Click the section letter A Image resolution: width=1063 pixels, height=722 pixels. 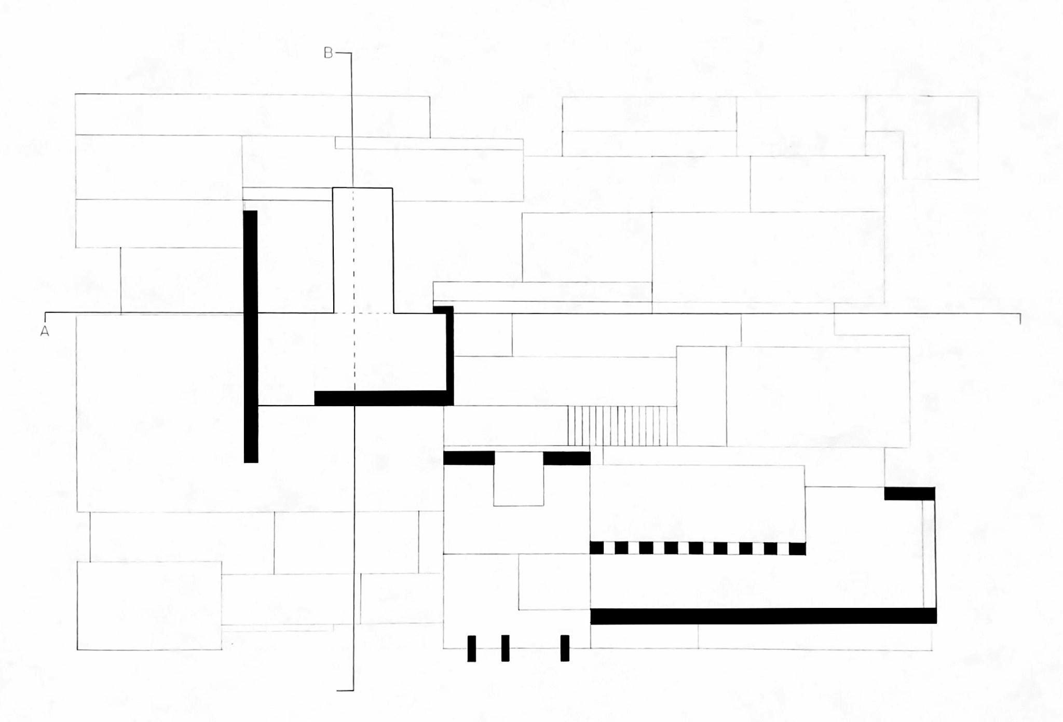[x=45, y=331]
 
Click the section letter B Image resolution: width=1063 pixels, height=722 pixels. [x=328, y=53]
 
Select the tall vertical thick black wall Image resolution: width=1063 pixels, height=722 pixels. [x=251, y=336]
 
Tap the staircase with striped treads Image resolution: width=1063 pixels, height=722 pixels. [x=622, y=426]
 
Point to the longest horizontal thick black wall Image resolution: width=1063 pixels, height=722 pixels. [x=763, y=616]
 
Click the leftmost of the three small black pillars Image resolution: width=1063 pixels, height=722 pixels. [x=471, y=648]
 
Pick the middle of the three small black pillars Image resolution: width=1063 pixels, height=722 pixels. [x=505, y=648]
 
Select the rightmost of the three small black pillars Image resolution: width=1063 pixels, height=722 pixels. [x=565, y=648]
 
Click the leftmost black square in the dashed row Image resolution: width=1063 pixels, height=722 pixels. [x=596, y=548]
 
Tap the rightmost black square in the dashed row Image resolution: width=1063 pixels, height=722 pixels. [x=797, y=548]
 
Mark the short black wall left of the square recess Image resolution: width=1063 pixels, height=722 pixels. [x=469, y=458]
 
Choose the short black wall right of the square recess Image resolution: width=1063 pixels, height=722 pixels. [x=567, y=458]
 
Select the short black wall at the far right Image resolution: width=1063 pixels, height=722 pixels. [x=909, y=493]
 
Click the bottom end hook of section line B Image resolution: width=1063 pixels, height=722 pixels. [x=346, y=690]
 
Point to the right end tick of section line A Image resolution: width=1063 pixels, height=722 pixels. [x=1020, y=318]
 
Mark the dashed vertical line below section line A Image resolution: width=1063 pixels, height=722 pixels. [x=355, y=353]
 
